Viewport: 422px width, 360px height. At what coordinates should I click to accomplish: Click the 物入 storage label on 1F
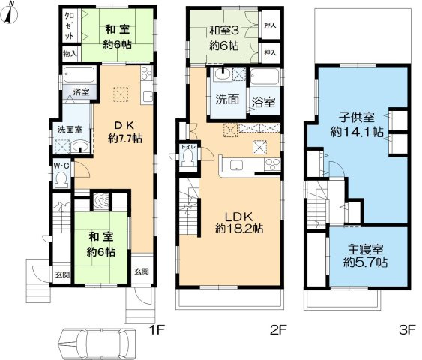tap(70, 55)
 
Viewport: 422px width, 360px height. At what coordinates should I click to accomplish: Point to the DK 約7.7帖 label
tap(119, 132)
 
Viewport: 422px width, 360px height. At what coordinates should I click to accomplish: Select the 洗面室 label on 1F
tap(70, 129)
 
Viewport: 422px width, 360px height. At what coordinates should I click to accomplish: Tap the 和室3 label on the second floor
tap(223, 37)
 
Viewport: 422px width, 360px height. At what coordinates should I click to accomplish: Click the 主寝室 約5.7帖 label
tap(365, 256)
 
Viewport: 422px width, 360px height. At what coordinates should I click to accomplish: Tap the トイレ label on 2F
tap(190, 148)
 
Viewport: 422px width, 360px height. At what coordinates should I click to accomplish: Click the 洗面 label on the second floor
tap(227, 98)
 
